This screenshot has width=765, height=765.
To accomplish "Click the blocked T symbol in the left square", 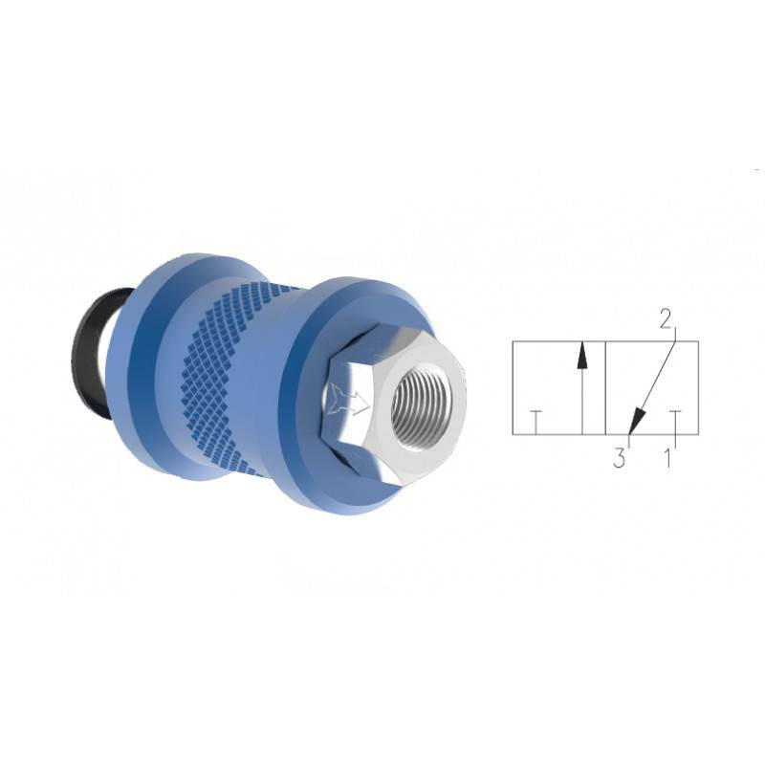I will [536, 418].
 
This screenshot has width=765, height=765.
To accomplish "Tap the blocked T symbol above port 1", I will [675, 418].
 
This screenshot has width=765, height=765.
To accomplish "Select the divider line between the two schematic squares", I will [605, 387].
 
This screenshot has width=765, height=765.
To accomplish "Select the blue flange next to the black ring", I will [143, 363].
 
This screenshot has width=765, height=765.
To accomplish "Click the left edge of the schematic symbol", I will [514, 387].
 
